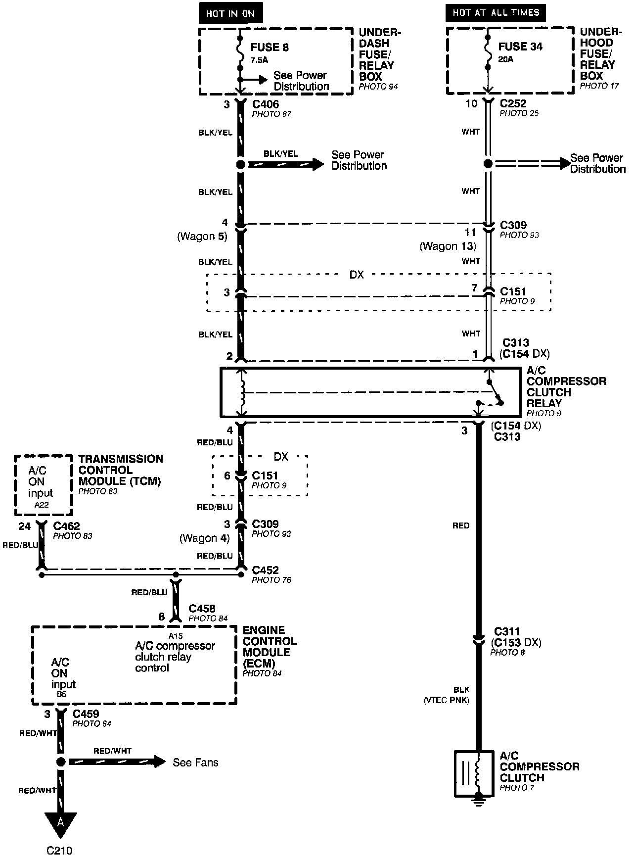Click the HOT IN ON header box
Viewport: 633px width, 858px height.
coord(230,14)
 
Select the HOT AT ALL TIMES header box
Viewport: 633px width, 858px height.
coord(496,13)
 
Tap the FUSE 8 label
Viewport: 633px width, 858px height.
coord(270,48)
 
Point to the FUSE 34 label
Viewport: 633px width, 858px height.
coord(520,47)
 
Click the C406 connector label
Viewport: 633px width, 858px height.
coord(266,104)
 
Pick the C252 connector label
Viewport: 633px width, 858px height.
coord(513,103)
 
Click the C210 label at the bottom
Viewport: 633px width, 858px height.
coord(59,850)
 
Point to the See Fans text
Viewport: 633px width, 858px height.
coord(195,763)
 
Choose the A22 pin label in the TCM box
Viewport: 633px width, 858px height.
coord(43,505)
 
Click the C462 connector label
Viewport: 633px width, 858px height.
coord(66,526)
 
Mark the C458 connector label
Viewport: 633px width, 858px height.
coord(202,609)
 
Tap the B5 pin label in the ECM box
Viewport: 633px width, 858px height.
coord(61,694)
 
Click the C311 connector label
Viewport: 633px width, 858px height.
coord(507,632)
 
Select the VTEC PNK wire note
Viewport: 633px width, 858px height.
coord(447,700)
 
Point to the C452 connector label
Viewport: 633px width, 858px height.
coord(265,570)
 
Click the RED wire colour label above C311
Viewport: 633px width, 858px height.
coord(460,525)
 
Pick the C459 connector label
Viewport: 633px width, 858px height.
coord(86,714)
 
